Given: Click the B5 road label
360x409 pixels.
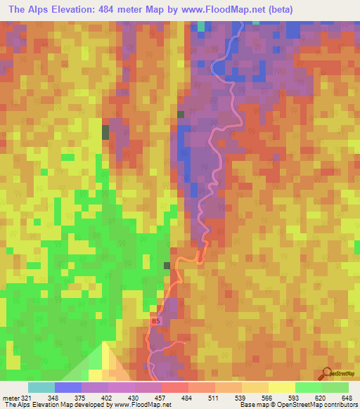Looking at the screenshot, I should [x=155, y=321].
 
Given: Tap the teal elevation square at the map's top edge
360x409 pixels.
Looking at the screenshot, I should [x=202, y=26].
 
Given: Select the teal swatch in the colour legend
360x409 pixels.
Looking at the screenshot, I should [x=41, y=387].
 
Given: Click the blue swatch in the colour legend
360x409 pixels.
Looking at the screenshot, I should [x=68, y=387].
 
